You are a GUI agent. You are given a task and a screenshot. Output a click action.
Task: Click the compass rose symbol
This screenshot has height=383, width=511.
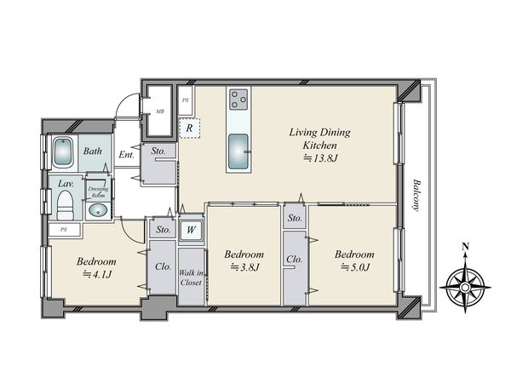click(x=465, y=288)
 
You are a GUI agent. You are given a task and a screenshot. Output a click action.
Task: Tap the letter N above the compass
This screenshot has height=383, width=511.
click(x=466, y=247)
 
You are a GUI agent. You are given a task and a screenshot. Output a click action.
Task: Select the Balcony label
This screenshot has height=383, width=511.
click(x=416, y=195)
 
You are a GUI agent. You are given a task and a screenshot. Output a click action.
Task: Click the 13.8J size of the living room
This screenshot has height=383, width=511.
click(x=320, y=158)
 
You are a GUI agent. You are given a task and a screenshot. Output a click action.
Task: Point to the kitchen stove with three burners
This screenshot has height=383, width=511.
click(x=238, y=99)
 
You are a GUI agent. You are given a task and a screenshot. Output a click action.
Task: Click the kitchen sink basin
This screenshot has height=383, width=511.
click(x=238, y=151)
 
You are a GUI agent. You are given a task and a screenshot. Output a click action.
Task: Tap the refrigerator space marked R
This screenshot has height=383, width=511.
click(x=189, y=128)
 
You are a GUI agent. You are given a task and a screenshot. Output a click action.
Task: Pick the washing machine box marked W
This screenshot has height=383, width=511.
click(x=191, y=230)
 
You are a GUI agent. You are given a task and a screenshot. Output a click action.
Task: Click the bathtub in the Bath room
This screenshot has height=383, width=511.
click(x=62, y=151)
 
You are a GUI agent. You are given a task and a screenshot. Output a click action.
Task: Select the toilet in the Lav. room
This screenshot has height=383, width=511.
click(x=66, y=205)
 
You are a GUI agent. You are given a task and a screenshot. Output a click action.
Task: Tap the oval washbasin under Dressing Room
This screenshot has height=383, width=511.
click(x=98, y=210)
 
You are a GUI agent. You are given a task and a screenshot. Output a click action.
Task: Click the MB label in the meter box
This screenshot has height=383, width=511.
click(x=160, y=111)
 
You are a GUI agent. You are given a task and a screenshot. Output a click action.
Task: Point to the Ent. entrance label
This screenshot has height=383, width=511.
click(x=126, y=154)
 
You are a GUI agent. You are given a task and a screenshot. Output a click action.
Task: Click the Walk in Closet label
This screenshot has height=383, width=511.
click(x=191, y=277)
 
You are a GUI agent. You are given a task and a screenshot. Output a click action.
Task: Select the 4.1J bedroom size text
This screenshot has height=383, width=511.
click(x=97, y=275)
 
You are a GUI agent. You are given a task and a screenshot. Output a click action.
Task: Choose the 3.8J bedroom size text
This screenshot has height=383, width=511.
click(x=244, y=267)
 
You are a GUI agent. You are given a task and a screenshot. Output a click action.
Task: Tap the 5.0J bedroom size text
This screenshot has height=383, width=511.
click(x=355, y=267)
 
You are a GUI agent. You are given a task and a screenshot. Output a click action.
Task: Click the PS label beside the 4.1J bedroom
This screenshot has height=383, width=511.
click(x=64, y=230)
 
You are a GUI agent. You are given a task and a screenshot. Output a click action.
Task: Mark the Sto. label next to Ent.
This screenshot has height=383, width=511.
click(x=158, y=151)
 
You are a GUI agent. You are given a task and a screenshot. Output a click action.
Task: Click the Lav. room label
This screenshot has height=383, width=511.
click(x=66, y=184)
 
